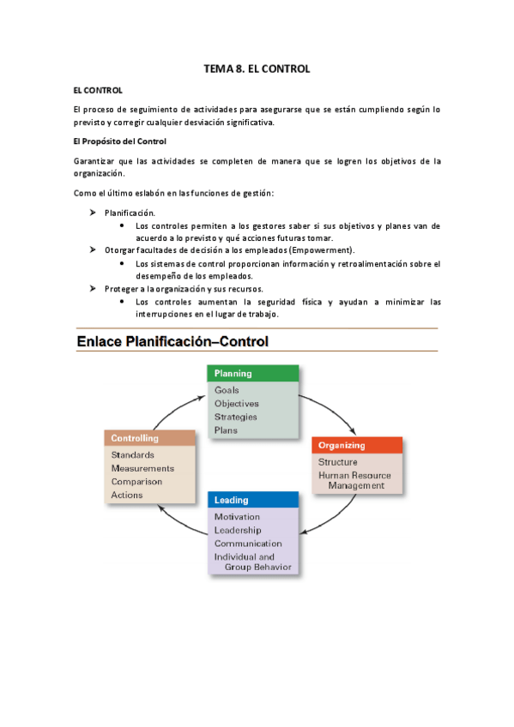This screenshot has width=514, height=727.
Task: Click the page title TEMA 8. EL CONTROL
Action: point(257,68)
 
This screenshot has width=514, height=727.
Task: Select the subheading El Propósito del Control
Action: point(119,141)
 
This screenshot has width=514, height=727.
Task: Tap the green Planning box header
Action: point(253,373)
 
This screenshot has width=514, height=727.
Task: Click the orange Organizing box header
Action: point(357,446)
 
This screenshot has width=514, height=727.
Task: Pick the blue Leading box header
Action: point(253,500)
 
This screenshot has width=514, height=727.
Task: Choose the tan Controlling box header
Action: point(150,438)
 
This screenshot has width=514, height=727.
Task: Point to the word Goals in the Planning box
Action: point(227,390)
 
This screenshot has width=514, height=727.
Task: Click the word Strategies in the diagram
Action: point(235,417)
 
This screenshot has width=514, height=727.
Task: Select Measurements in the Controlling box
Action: point(142,468)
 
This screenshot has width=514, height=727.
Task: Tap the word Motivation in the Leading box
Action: point(237,517)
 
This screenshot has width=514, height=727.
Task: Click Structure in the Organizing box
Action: point(337,462)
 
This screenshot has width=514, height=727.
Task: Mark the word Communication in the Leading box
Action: point(248,544)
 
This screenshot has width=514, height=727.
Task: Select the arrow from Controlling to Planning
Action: point(176,402)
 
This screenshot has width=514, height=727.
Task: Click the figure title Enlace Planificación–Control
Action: point(172,341)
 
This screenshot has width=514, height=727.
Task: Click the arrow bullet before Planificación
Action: point(94,211)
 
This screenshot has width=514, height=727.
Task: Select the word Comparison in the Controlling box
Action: point(136,481)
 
